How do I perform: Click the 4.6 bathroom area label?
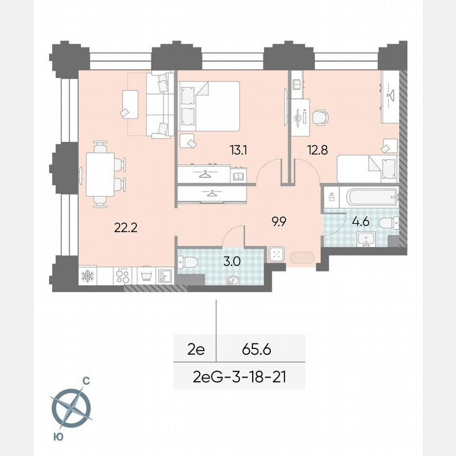click(x=360, y=222)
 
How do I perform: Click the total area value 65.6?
click(x=256, y=349)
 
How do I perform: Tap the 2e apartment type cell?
click(x=195, y=349)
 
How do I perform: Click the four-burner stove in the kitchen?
click(x=122, y=276)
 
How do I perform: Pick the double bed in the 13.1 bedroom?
click(x=209, y=106)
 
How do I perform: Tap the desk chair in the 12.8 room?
click(x=319, y=117)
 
